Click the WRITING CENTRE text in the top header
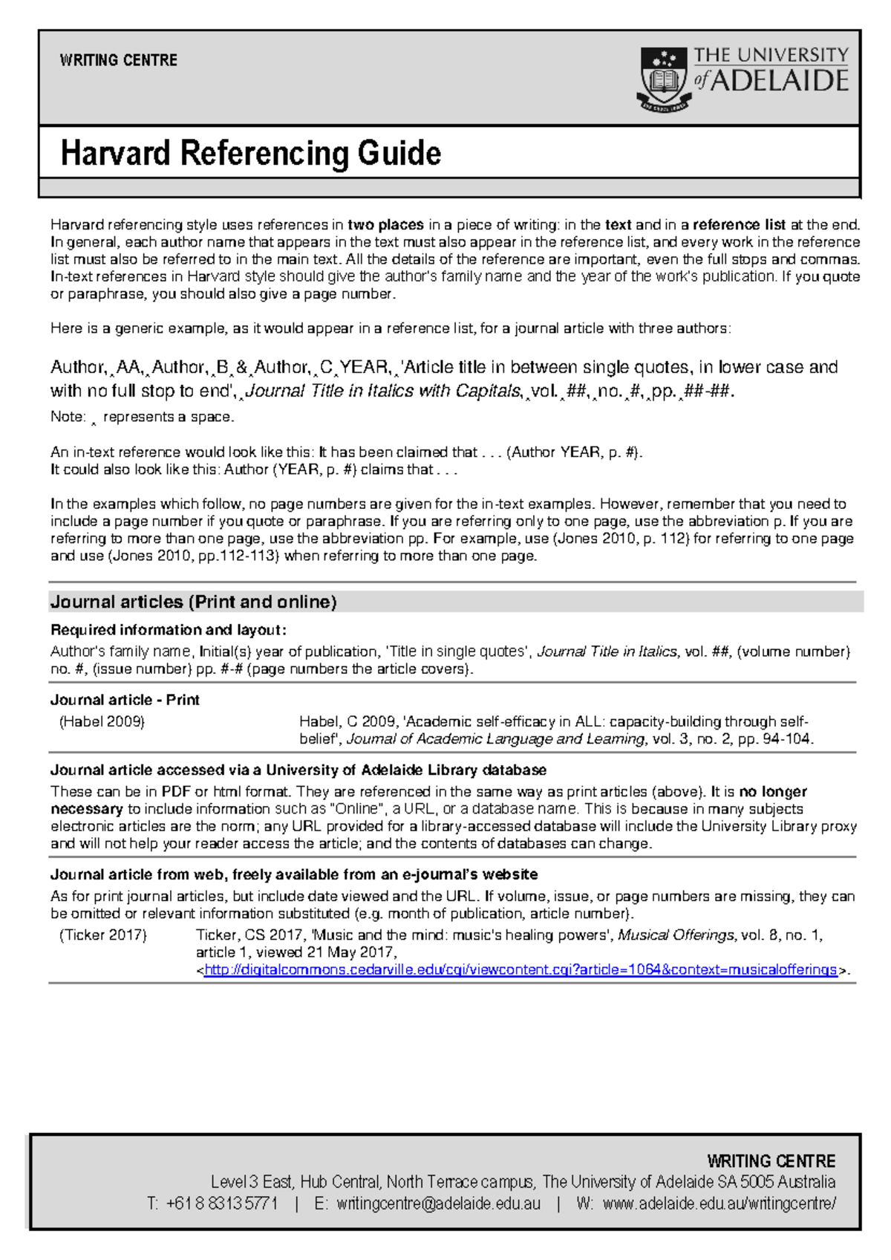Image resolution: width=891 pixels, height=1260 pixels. [118, 60]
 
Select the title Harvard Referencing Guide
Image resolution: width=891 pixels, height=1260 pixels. [250, 153]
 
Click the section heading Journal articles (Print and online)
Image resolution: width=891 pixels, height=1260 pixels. [193, 602]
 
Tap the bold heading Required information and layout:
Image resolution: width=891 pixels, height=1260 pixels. [168, 630]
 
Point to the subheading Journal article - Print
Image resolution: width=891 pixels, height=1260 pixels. [125, 700]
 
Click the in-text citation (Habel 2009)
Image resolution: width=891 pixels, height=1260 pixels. [102, 721]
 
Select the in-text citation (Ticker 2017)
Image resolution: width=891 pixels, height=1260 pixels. [102, 935]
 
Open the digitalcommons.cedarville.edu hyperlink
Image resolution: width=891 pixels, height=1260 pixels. [520, 970]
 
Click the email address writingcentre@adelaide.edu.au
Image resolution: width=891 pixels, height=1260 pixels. [438, 1204]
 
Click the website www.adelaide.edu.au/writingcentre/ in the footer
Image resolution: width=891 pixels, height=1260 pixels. [719, 1204]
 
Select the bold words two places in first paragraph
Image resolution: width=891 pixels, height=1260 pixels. [385, 224]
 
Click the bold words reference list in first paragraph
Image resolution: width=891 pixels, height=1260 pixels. [739, 224]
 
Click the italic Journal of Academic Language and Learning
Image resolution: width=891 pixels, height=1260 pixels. [496, 739]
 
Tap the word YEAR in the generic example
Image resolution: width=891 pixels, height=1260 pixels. [364, 367]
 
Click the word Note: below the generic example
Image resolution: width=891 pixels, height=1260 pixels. [68, 417]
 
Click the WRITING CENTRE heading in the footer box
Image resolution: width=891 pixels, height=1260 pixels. [771, 1161]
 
